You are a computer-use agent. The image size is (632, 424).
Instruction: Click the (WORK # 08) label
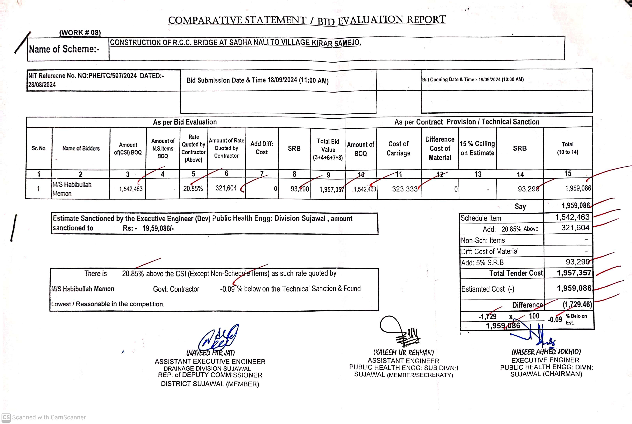80,33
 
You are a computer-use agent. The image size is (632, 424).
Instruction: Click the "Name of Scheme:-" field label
64,49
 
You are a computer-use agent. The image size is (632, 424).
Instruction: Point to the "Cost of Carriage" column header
398,148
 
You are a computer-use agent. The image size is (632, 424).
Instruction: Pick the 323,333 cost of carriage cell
405,189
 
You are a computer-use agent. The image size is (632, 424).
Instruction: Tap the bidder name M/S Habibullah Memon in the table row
72,189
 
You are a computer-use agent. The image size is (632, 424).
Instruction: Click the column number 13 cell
478,174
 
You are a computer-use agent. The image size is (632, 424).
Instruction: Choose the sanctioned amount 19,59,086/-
158,229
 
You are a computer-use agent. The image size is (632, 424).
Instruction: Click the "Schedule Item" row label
481,218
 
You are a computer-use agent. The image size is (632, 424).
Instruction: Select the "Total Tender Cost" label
516,273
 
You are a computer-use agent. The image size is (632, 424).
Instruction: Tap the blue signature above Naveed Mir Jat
218,338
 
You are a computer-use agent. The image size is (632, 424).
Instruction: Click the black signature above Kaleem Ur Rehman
400,331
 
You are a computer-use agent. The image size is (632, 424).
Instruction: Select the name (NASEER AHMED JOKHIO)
546,352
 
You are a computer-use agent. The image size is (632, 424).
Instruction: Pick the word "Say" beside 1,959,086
520,207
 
